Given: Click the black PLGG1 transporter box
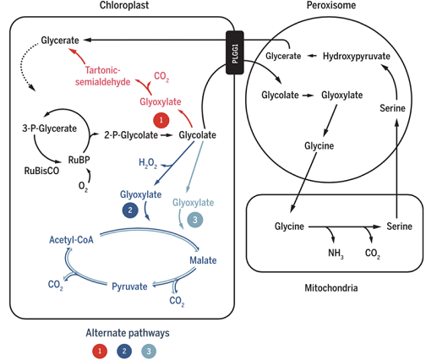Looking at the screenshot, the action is pos(235,52).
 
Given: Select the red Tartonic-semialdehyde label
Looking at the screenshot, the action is pos(103,76).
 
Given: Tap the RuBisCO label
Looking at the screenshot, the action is pos(41,171).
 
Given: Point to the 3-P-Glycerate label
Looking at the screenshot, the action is pos(50,128).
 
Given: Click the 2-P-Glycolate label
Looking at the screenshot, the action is pos(131,135).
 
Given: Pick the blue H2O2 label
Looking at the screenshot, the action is pos(148,163).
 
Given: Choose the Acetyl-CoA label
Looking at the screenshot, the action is pos(71,240).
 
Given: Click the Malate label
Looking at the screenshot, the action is pos(203,260).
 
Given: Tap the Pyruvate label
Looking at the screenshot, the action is pos(129,286).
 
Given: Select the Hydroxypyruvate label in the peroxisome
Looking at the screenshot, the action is pos(357,57).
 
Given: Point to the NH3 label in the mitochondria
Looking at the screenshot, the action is pos(336,254).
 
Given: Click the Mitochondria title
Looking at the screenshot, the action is pos(331,288).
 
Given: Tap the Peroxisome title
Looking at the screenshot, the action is pos(331,5).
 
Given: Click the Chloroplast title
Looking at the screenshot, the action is pos(124,5).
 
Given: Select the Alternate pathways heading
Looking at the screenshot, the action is pos(128,333).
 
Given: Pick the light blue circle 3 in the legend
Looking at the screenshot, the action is pos(149,351).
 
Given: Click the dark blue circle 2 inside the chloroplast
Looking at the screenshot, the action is pos(130,210).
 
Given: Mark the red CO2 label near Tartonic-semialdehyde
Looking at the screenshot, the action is pos(161,77).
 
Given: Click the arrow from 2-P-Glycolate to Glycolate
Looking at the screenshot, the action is pos(167,135).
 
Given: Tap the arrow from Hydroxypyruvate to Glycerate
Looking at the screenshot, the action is pos(312,56).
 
